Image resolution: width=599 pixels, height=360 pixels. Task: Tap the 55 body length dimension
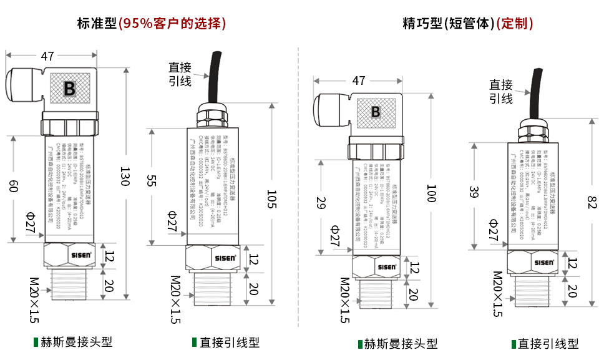tap(151, 182)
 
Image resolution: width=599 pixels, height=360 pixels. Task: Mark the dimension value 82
tap(592, 202)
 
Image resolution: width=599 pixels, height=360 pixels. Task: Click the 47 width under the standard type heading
tap(47, 56)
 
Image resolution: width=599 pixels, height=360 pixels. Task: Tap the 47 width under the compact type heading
tap(358, 80)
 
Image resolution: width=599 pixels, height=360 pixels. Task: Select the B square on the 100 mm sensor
tap(376, 112)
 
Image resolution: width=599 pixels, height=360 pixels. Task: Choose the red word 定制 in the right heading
tap(515, 24)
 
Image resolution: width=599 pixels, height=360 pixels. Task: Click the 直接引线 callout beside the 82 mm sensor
tap(500, 91)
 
